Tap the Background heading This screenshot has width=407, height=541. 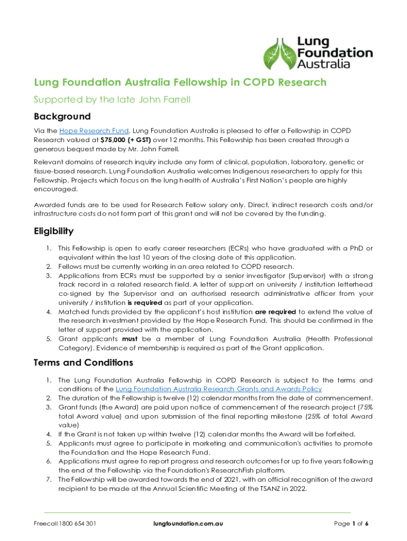pos(62,116)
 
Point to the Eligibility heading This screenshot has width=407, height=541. pos(53,231)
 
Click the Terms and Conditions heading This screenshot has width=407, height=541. pos(83,362)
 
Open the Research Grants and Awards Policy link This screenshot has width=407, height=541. pos(218,389)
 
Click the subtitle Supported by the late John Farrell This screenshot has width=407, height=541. pos(112,99)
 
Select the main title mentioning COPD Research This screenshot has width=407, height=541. pos(180,82)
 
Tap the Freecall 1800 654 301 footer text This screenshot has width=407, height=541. pos(64,524)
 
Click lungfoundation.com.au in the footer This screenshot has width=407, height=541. pos(188,524)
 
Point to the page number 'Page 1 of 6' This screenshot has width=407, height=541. pos(351,524)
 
